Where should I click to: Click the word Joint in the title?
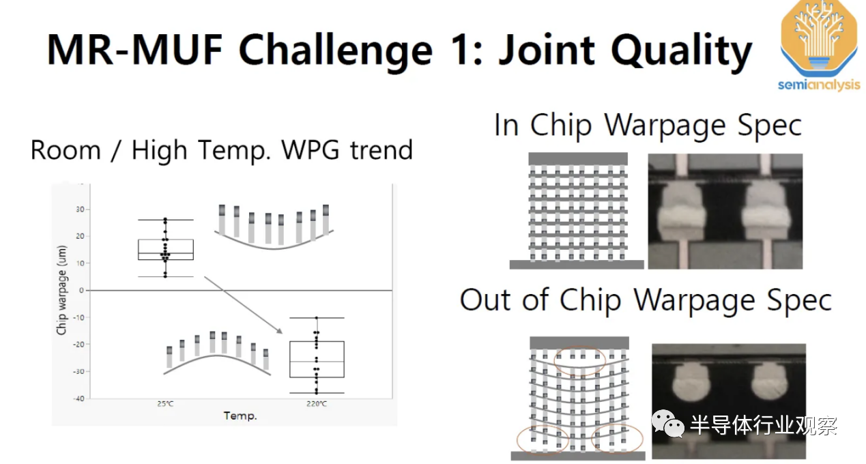point(547,50)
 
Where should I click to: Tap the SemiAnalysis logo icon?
point(819,39)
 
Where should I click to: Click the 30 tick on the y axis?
point(80,209)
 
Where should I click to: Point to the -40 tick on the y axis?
point(78,398)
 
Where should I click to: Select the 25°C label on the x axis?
point(165,404)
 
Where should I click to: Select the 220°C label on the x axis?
point(317,404)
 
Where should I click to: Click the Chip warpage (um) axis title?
point(61,290)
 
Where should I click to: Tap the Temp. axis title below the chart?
point(240,416)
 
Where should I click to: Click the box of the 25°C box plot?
point(166,250)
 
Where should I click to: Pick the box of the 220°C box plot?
point(317,359)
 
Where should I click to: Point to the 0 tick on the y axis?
point(81,290)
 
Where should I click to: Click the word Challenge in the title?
point(336,51)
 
